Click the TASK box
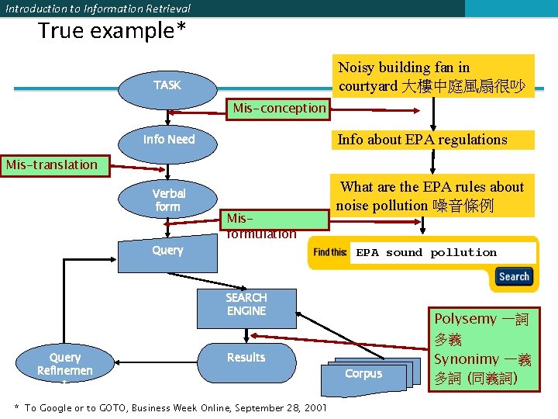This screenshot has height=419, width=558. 167,85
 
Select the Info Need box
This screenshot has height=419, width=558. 169,140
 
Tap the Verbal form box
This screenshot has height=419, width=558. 167,200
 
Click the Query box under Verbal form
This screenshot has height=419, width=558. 167,250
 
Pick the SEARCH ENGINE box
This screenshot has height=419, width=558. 246,304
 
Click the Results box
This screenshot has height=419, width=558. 246,358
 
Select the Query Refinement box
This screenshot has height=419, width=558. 65,365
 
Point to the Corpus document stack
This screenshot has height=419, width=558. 363,374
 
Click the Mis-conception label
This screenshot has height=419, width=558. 280,108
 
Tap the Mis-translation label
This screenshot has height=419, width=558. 52,164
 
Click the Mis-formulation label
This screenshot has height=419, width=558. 261,226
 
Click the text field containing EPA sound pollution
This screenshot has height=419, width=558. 443,253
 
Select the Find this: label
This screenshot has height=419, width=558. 330,252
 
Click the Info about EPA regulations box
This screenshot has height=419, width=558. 432,140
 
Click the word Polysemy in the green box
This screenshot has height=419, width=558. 464,319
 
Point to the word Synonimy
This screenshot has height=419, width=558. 467,359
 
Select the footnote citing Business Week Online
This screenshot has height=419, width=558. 170,408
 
